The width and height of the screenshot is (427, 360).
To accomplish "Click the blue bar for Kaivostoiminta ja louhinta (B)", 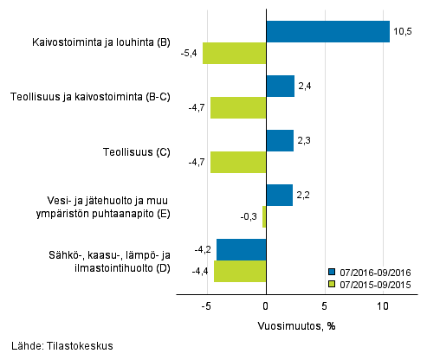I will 327,31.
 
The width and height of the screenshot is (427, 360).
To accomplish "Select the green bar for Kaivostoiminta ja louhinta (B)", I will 234,53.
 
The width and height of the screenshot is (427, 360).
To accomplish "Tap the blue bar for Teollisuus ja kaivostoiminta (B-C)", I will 280,86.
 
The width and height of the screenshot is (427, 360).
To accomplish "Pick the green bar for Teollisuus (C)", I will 238,162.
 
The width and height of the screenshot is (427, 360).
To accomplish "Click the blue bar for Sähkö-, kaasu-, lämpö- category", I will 241,249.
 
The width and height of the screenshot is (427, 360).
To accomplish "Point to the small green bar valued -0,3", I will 264,216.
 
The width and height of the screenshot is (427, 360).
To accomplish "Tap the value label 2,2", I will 304,196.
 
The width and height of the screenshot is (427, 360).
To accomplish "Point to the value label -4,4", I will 200,271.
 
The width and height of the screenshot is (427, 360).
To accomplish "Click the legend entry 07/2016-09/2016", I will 374,271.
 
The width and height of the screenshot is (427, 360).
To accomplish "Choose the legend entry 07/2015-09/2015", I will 374,283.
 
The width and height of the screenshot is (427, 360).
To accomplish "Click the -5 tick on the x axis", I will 207,306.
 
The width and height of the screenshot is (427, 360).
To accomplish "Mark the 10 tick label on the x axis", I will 383,306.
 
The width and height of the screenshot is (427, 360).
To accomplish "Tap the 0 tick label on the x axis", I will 266,306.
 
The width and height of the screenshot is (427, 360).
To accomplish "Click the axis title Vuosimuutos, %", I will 294,326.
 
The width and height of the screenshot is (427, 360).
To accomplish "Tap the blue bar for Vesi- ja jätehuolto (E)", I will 279,196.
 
